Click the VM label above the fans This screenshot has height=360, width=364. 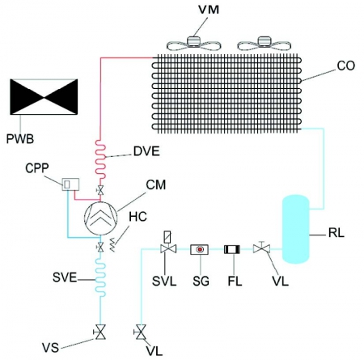(209, 10)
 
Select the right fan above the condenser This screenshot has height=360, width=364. (264, 44)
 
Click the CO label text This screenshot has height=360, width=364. (346, 66)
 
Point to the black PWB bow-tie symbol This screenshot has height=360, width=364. (44, 97)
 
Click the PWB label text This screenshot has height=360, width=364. (20, 139)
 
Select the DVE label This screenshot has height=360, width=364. (146, 151)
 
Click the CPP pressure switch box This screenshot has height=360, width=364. (70, 184)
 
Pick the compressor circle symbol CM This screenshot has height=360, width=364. (101, 218)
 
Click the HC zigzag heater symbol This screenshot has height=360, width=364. (113, 245)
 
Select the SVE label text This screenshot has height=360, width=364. (65, 277)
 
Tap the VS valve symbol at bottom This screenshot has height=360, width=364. (99, 332)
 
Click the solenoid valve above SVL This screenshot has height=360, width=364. (168, 242)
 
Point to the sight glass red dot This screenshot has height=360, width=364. (200, 249)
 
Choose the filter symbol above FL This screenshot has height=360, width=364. (232, 249)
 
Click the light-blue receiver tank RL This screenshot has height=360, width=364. (295, 229)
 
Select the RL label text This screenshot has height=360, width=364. (336, 233)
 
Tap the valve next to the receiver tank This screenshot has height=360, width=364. (261, 248)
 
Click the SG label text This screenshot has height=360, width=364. (201, 282)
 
